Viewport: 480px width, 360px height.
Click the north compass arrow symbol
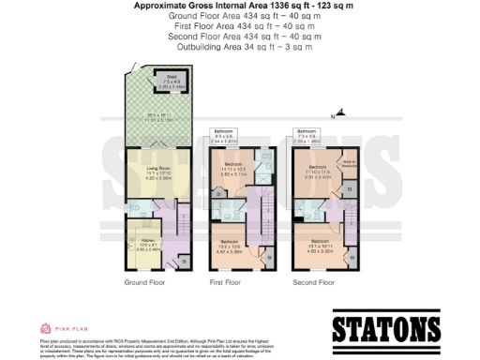(x=341, y=113)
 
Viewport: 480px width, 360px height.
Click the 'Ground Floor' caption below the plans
(x=145, y=281)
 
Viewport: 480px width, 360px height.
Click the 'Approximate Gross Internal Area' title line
(x=240, y=6)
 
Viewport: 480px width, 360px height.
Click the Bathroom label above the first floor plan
(x=223, y=131)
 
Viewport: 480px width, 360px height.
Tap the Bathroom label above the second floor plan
(x=306, y=131)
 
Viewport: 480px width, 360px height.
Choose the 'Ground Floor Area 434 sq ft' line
(x=240, y=16)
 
